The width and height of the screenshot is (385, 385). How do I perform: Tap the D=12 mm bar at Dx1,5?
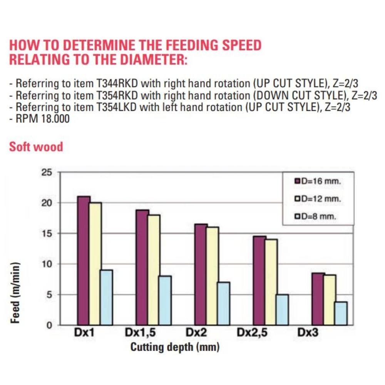154,270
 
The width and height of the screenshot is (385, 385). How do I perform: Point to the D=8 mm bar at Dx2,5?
282,310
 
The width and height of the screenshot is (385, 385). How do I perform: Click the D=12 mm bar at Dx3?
329,300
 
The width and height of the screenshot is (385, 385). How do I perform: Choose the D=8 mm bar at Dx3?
341,313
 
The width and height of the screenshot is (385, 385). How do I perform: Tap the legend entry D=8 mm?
316,217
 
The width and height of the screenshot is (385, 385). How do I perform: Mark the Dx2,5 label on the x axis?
252,333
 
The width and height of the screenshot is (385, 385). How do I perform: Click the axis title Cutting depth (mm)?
175,347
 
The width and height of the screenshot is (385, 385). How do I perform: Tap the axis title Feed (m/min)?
15,293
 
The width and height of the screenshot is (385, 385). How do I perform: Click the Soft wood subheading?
36,147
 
